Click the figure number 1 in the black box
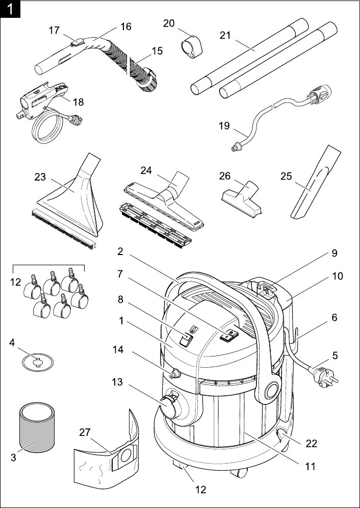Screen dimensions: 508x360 coord(10,9)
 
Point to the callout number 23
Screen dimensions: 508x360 coord(40,177)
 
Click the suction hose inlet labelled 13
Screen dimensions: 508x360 coord(170,403)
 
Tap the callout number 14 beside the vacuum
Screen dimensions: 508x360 coord(118,349)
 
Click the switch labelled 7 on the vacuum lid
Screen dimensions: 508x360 coord(230,335)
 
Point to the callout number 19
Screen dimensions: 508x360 coord(224,125)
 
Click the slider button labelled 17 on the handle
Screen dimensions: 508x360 coord(76,42)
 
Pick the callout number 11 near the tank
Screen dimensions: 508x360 coord(310,466)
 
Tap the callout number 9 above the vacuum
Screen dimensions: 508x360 coord(333,253)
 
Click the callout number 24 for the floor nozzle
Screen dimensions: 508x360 coord(146,170)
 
